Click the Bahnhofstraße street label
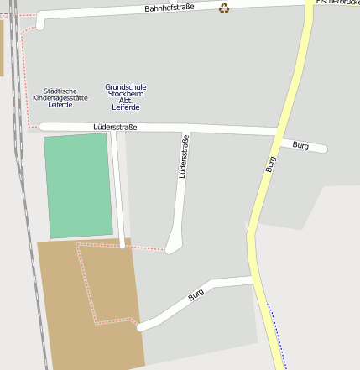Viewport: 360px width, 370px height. pos(169,8)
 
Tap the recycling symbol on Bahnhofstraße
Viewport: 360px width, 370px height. pos(224,8)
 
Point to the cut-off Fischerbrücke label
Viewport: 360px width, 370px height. pos(338,3)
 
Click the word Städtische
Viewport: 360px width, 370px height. pos(60,91)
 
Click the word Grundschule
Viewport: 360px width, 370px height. pos(126,86)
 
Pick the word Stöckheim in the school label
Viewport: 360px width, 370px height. pos(126,93)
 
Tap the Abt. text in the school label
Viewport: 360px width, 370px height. pos(126,101)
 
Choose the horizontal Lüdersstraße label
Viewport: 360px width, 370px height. pos(115,127)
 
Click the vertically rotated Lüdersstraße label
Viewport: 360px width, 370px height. pos(183,157)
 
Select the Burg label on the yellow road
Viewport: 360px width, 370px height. pos(270,164)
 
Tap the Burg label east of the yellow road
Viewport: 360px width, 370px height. pos(300,145)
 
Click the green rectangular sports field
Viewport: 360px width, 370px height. pos(77,185)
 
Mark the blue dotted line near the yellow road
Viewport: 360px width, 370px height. pos(276,336)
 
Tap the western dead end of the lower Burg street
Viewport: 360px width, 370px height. pos(142,326)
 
